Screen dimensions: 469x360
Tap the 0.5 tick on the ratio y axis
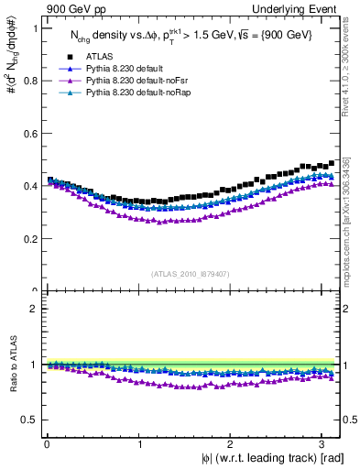[x=30, y=420]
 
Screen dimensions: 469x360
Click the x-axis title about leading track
[x=266, y=459]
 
